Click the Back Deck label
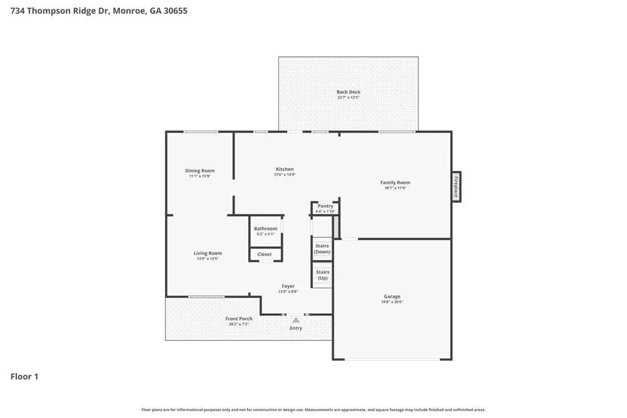click(349, 92)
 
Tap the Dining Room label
click(200, 171)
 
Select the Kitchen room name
click(285, 169)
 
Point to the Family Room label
click(395, 183)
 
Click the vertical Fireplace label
click(456, 187)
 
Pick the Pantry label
click(325, 206)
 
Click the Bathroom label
click(266, 229)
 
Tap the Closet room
click(265, 254)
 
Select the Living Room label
click(208, 253)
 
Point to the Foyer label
click(288, 286)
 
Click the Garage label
click(393, 296)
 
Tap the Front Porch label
click(239, 319)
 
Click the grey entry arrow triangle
click(296, 320)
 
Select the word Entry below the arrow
click(296, 328)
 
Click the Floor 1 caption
click(24, 377)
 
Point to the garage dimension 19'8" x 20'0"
click(393, 302)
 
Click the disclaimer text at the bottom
click(313, 410)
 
